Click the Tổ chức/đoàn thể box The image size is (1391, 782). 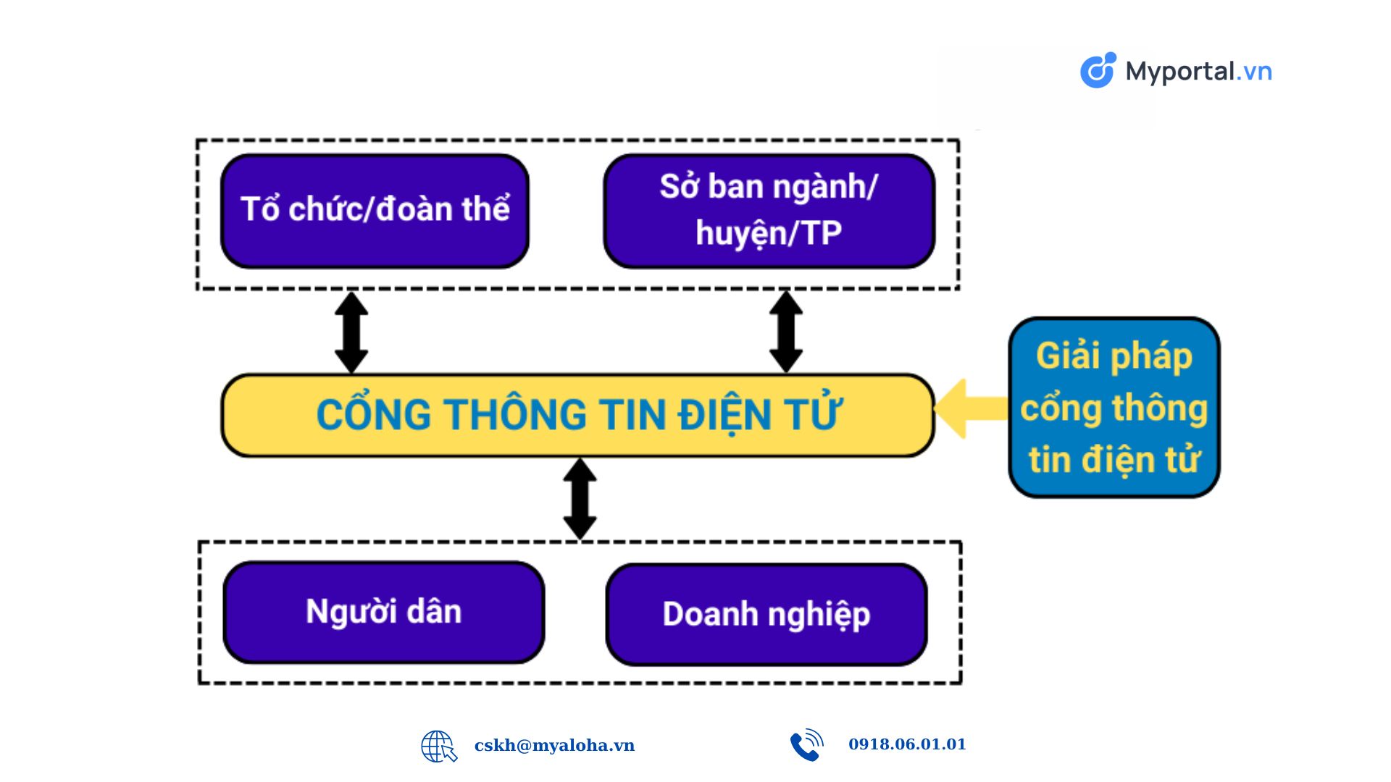tap(375, 211)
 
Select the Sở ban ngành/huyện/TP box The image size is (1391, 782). tap(769, 211)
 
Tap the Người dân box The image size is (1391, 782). tap(384, 612)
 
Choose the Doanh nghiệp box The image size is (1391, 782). tap(766, 614)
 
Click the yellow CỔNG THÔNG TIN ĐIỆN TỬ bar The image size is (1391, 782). tap(577, 415)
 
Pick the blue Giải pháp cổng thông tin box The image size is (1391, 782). tap(1114, 407)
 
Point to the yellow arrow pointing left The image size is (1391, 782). tap(972, 408)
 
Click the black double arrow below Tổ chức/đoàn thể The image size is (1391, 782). tap(351, 332)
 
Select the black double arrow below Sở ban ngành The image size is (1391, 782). tap(785, 332)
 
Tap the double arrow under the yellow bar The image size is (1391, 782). tap(580, 499)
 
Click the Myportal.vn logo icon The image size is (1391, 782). tap(1098, 70)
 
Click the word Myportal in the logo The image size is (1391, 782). tap(1180, 72)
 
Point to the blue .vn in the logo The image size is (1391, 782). tap(1254, 72)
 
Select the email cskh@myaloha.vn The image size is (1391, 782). tap(554, 745)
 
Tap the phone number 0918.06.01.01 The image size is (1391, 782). tap(907, 744)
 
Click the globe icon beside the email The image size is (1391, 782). tap(439, 746)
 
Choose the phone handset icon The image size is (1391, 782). tap(806, 745)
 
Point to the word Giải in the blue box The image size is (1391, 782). tap(1069, 356)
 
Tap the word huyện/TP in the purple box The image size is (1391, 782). tap(769, 234)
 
